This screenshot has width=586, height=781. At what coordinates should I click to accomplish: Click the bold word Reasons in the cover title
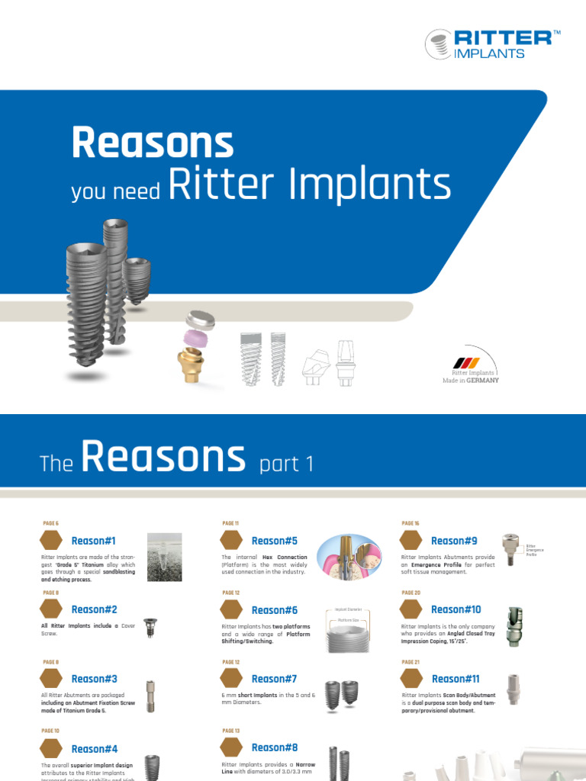[152, 143]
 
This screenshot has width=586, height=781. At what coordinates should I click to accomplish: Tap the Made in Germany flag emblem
[467, 362]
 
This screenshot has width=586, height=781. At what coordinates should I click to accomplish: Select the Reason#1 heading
[93, 541]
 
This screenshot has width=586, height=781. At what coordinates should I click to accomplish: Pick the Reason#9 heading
[453, 541]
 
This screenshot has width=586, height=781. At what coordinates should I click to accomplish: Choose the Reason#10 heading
[456, 609]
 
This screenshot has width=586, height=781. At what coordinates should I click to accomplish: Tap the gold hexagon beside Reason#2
[51, 609]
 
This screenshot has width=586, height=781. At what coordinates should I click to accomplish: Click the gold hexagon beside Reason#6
[231, 610]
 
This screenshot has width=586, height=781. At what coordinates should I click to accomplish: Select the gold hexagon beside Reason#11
[411, 679]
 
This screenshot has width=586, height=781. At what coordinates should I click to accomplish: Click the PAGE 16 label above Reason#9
[410, 523]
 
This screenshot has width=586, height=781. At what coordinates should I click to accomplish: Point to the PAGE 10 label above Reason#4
[50, 731]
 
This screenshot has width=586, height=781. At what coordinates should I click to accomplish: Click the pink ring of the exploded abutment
[197, 338]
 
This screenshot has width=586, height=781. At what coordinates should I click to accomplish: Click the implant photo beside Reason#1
[164, 557]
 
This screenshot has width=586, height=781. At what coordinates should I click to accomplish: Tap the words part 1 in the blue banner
[286, 464]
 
